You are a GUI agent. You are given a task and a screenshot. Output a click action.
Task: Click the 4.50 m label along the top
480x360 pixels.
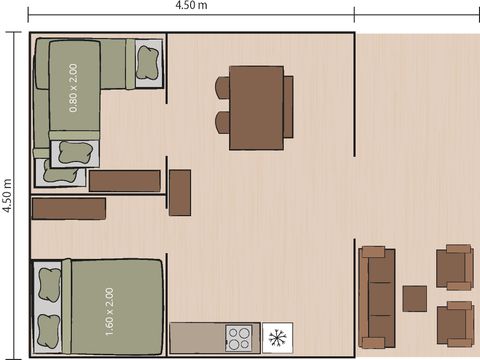point(191,6)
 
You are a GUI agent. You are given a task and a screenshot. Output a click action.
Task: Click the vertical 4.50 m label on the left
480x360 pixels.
point(8,196)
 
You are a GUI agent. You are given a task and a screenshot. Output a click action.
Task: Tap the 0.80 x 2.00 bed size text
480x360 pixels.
point(72,87)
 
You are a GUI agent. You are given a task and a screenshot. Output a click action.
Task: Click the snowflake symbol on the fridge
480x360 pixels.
point(276,336)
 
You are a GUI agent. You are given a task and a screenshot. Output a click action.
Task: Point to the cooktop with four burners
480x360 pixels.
point(240,337)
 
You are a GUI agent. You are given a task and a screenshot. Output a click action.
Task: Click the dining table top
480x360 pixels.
point(256,107)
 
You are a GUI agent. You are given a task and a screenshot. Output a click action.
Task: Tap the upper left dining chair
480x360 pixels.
point(223,88)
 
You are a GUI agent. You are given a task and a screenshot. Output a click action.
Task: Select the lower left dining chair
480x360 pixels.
point(223,123)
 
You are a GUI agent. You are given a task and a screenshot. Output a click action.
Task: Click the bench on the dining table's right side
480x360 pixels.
point(288,107)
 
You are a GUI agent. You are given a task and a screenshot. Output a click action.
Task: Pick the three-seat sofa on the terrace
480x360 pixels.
point(376,296)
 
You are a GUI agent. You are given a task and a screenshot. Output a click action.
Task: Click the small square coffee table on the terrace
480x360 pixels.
point(414,298)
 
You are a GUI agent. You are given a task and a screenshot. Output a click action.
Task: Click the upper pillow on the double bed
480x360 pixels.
point(48,285)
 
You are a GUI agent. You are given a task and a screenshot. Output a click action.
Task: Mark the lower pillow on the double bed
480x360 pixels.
point(48,327)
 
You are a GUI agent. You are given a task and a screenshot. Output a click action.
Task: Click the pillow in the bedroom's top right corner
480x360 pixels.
point(149,63)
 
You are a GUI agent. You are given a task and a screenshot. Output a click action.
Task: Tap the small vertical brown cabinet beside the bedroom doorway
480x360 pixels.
point(180,192)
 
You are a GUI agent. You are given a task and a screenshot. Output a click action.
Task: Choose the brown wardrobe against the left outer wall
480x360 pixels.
point(68,208)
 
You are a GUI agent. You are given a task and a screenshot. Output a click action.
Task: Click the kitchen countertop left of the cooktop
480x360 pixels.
point(197,337)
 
